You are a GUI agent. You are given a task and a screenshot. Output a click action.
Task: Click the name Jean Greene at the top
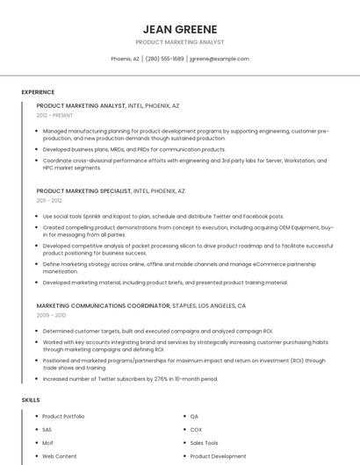point(180,28)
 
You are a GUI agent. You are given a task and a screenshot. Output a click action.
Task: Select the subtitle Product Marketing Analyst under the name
point(180,42)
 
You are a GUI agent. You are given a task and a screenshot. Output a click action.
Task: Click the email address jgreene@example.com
point(220,59)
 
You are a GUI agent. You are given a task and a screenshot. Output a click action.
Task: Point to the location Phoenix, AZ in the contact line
point(125,59)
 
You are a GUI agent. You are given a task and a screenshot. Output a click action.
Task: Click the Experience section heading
point(38,92)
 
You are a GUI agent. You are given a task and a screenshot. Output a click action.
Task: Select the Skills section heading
point(31,400)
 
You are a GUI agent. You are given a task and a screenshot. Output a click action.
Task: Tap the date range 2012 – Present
point(55,115)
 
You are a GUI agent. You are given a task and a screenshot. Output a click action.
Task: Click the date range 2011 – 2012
point(49,200)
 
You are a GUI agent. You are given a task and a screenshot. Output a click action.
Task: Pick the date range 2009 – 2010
point(51,315)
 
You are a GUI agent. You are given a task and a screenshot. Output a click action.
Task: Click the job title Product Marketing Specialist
point(83,190)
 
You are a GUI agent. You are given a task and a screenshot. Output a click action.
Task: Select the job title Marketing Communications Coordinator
point(97,305)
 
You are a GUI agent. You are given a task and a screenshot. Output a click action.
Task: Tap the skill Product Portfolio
point(63,416)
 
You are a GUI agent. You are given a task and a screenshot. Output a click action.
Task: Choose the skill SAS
point(47,430)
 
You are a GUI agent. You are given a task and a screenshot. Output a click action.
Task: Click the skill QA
point(195,416)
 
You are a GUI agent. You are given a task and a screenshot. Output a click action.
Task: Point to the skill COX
point(196,430)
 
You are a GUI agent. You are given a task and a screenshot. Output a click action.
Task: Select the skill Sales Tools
point(205,443)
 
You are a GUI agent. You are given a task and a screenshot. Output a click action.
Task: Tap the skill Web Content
point(60,456)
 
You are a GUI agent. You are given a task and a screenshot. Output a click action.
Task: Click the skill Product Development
point(218,456)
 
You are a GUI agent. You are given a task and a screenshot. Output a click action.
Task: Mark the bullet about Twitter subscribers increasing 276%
point(130,379)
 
